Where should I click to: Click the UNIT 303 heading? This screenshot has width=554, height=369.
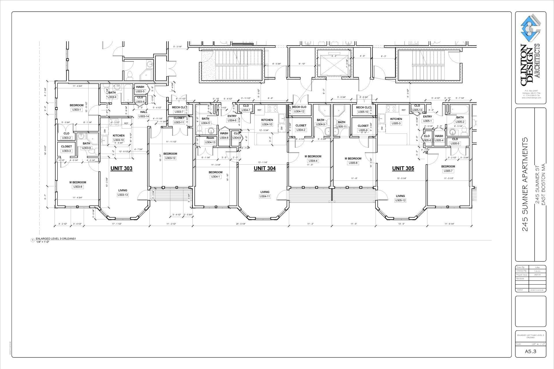[121, 168]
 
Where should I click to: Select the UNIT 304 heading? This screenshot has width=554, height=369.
[265, 168]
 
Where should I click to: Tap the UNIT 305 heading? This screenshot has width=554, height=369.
[403, 168]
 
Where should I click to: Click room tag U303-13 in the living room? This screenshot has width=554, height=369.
[123, 195]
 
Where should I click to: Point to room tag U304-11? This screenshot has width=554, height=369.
[265, 196]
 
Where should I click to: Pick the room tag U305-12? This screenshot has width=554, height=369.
[400, 200]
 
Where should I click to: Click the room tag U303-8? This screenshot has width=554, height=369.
[78, 187]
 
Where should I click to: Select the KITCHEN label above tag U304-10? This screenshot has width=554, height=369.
[267, 120]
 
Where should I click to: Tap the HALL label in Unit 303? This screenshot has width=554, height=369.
[144, 112]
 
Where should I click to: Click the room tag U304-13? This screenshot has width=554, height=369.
[210, 142]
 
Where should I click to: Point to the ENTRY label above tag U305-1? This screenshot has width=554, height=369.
[427, 117]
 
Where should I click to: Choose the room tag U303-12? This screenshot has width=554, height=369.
[170, 158]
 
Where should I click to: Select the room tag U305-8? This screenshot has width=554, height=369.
[353, 163]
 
